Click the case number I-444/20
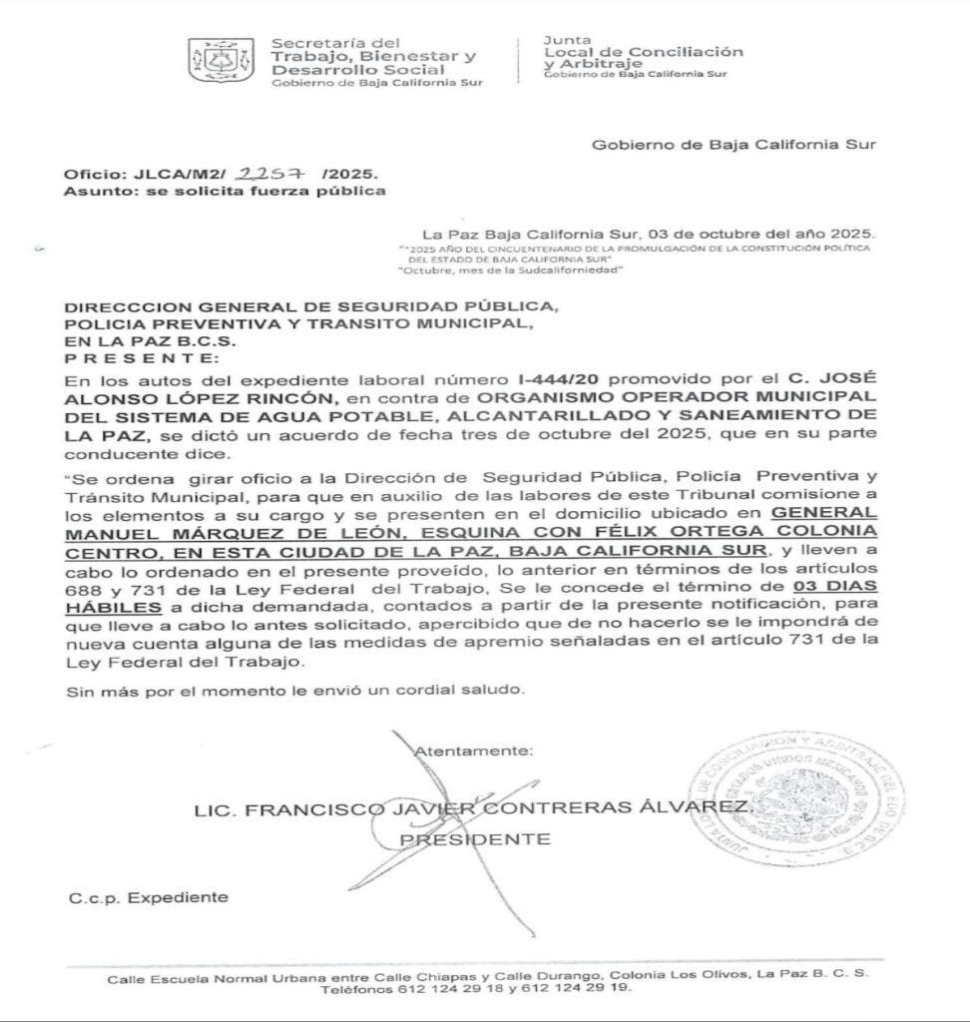[x=553, y=380]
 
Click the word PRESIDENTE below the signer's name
[x=474, y=839]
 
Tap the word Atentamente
[x=473, y=749]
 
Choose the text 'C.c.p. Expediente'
[x=148, y=897]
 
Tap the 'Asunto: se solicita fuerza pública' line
[x=224, y=191]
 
